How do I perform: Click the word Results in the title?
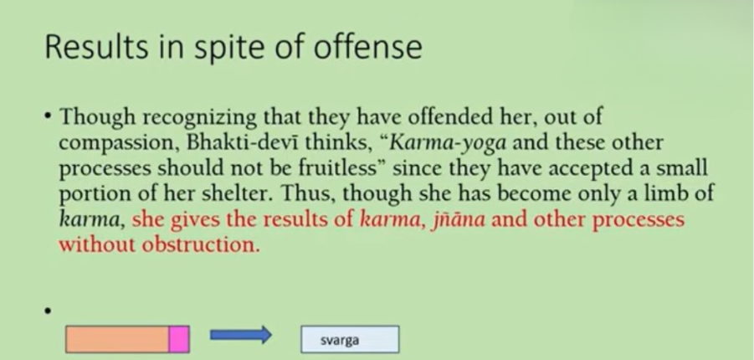(96, 47)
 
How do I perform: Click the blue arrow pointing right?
(241, 335)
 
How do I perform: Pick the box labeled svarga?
(350, 339)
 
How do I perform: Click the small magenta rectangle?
(179, 339)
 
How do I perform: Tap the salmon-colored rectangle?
(117, 339)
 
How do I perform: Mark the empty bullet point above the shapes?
(47, 311)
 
